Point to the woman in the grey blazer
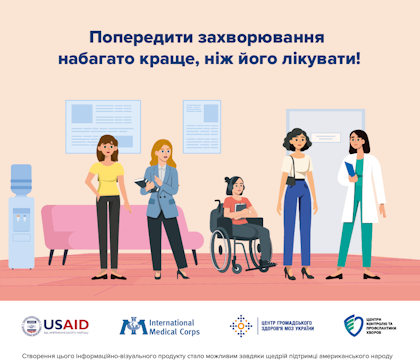[164, 200]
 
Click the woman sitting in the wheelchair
[240, 210]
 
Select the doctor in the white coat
[357, 200]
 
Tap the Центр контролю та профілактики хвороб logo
[365, 325]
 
